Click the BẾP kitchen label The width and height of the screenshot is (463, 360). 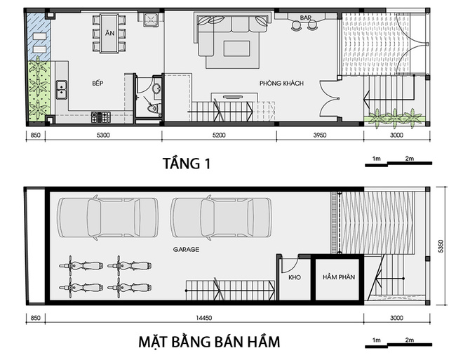[x=98, y=84]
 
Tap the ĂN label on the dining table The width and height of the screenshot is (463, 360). [x=109, y=33]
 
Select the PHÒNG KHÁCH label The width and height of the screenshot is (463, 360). [x=281, y=84]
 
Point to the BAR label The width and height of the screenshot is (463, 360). [x=306, y=18]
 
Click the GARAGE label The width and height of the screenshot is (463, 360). [x=186, y=250]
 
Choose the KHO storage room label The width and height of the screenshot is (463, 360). [x=295, y=277]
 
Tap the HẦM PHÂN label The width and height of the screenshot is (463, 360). [x=339, y=277]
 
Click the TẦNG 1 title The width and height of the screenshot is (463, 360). [x=187, y=164]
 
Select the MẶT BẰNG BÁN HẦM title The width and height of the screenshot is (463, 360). [x=209, y=342]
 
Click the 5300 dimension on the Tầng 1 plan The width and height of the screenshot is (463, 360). [x=103, y=135]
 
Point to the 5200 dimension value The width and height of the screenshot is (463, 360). [x=219, y=135]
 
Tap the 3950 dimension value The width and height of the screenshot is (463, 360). [x=320, y=135]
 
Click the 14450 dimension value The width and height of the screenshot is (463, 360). [x=203, y=318]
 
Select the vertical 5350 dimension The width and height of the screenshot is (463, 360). [x=441, y=246]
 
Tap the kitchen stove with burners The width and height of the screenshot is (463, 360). [x=101, y=117]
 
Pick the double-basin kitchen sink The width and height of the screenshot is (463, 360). [x=62, y=90]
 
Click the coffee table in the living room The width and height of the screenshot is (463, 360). [x=236, y=48]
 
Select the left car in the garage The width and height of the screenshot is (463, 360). [x=107, y=218]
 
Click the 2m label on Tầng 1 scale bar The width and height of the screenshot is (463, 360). [x=409, y=159]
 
